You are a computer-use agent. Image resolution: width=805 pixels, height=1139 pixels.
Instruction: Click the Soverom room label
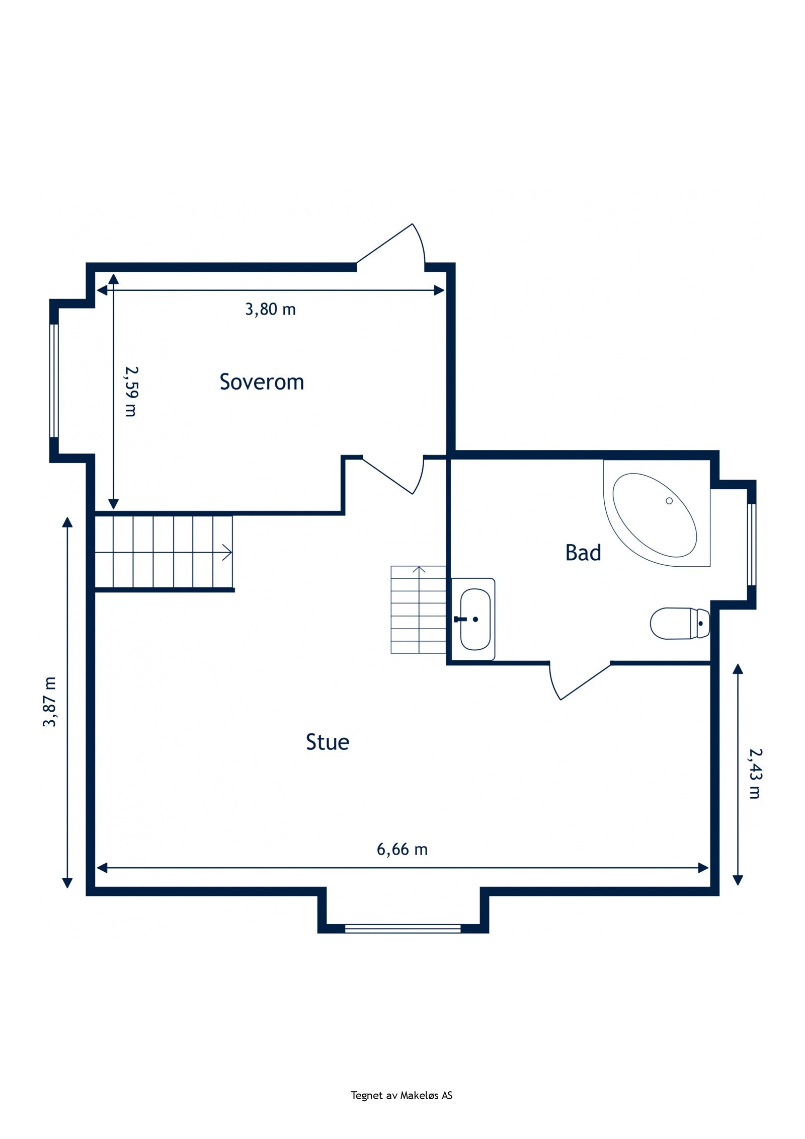pos(262,382)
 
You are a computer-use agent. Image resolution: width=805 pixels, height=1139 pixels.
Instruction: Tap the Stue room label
pos(328,742)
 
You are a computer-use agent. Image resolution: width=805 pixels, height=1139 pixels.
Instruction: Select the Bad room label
pos(583,553)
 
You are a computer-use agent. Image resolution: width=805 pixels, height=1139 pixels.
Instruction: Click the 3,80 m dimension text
pos(270,309)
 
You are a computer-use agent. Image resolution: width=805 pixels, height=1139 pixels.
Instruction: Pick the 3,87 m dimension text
pos(49,702)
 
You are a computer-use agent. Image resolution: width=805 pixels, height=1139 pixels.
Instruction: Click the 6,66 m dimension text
pos(402,850)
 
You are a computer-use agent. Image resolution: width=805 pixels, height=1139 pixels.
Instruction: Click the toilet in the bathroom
pos(680,623)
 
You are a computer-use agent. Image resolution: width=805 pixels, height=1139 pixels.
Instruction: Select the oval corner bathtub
pos(655,515)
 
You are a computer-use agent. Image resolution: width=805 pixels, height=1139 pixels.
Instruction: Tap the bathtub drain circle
pos(669,500)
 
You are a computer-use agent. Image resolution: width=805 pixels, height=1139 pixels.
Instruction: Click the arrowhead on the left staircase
pos(227,553)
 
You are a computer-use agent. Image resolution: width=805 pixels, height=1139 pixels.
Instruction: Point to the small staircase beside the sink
pos(418,610)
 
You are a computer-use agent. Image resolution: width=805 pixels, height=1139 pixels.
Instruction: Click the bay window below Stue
pos(403,929)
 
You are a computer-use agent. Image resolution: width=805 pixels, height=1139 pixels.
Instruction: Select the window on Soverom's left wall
pos(54,381)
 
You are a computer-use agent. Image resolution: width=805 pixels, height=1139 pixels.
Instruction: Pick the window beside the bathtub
pos(751,545)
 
